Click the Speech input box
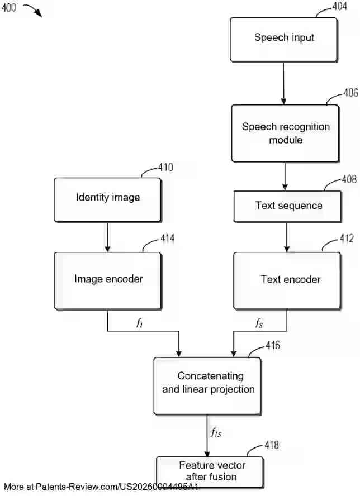[x=283, y=39]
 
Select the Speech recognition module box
[x=285, y=133]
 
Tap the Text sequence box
[x=287, y=206]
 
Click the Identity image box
[x=107, y=199]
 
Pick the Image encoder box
[x=108, y=280]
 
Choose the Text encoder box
[x=287, y=280]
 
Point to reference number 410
[x=165, y=167]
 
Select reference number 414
[x=167, y=239]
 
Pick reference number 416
[x=272, y=346]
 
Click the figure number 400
[x=9, y=8]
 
